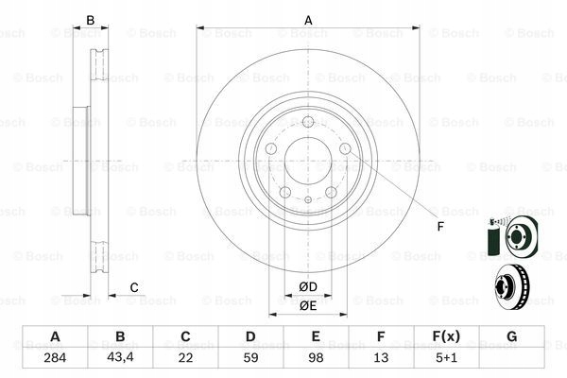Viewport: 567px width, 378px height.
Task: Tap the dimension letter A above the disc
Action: coord(307,19)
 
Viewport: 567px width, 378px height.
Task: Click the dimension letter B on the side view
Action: coord(91,19)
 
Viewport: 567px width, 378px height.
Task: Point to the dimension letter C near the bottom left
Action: coord(134,287)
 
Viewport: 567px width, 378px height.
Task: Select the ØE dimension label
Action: coord(307,304)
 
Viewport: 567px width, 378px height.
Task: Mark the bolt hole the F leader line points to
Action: coord(345,148)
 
